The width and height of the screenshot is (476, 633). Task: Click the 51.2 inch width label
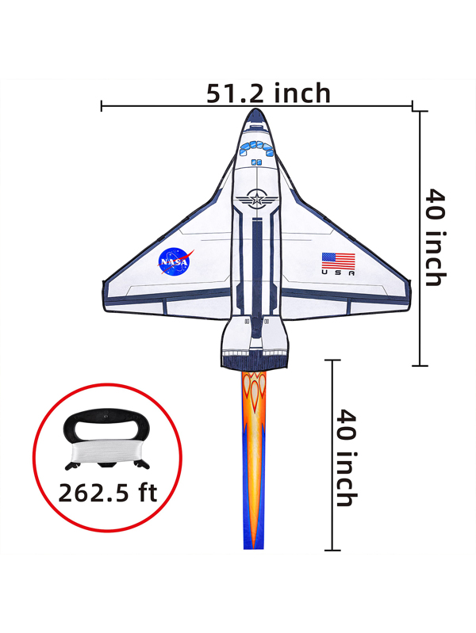(x=268, y=93)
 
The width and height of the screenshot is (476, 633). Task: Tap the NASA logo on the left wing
(x=176, y=261)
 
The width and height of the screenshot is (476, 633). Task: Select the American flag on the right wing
(x=338, y=259)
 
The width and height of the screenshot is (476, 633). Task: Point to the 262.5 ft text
(x=108, y=494)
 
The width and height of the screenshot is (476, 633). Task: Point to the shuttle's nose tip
(x=256, y=113)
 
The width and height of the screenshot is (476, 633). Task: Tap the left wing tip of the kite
(x=105, y=280)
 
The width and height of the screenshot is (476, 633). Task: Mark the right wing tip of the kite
(x=409, y=279)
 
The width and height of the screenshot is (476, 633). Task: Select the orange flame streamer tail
(x=254, y=444)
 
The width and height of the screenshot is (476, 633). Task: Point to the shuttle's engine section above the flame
(x=255, y=341)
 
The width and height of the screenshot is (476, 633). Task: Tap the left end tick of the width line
(x=102, y=105)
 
